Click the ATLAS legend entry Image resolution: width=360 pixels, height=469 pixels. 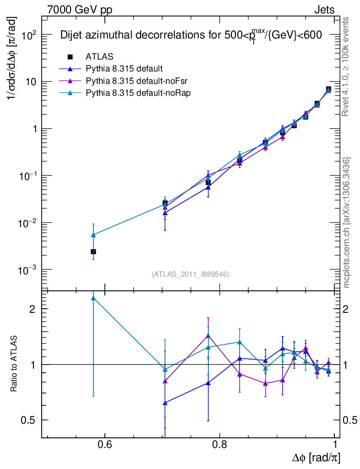[99, 57]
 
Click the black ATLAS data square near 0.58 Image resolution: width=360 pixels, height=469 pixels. [93, 251]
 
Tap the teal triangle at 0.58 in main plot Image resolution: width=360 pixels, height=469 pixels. [93, 235]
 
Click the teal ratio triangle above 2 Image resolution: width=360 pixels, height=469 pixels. [93, 298]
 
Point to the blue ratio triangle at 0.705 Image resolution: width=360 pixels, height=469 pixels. [165, 403]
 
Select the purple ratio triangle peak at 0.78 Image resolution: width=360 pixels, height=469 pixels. [208, 336]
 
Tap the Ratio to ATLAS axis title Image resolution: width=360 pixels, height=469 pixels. [14, 365]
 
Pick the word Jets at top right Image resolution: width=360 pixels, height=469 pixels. [324, 10]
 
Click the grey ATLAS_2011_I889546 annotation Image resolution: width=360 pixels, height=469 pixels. [190, 274]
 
